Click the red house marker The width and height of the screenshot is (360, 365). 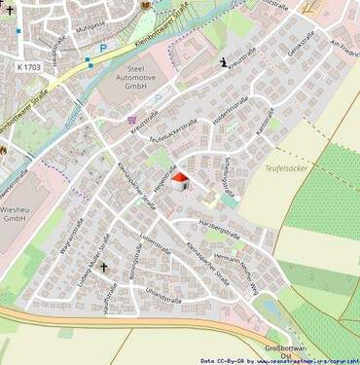click(179, 181)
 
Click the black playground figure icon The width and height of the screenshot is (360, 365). click(225, 63)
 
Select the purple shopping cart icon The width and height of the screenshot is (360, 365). click(132, 120)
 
